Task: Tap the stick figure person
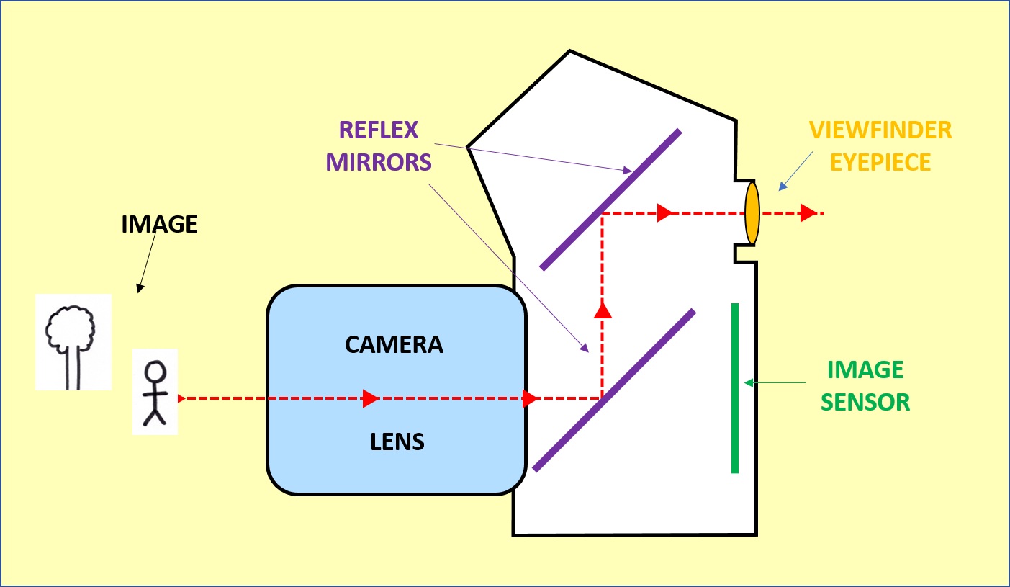155,393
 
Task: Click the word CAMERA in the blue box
394,345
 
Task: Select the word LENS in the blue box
397,442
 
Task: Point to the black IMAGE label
159,225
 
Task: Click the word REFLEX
379,130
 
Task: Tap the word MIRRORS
379,162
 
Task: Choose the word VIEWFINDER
880,130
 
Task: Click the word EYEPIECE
880,162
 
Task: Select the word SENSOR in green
865,402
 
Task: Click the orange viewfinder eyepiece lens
752,213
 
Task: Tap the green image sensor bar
734,388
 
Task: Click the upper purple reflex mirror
610,199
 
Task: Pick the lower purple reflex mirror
614,390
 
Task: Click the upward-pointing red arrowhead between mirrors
602,310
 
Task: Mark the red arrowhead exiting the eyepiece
808,213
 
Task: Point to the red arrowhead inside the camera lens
371,398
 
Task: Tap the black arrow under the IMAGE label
148,262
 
